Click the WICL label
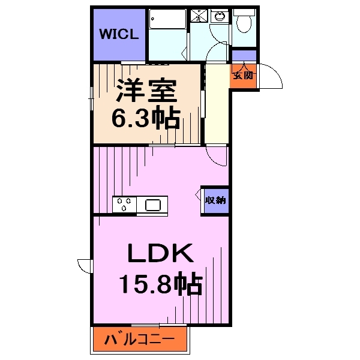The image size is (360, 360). click(119, 34)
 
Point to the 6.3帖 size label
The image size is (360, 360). click(146, 118)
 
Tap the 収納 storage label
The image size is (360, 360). click(215, 201)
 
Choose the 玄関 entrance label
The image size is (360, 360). click(243, 76)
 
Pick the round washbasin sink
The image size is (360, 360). click(219, 16)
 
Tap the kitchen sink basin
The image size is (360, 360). click(152, 205)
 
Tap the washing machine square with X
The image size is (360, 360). click(198, 16)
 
